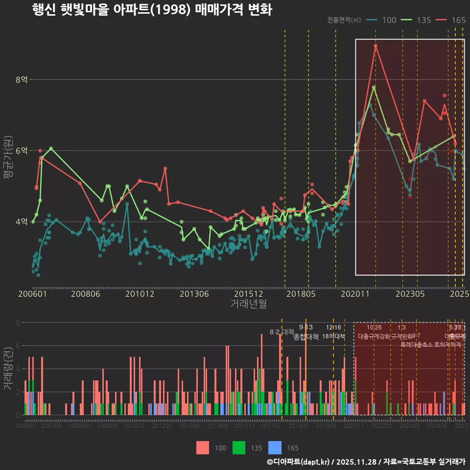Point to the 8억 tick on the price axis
tap(22, 79)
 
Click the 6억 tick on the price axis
tap(22, 151)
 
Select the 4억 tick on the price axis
tap(22, 222)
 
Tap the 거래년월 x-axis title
tap(248, 304)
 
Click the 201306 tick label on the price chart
tap(194, 294)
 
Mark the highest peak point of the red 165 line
tap(376, 46)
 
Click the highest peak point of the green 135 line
tap(374, 87)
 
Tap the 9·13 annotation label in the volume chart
tap(305, 328)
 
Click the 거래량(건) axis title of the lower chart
tap(8, 368)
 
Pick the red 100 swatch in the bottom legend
tap(203, 447)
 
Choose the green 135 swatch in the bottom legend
tap(238, 447)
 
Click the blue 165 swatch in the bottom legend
tap(275, 447)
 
